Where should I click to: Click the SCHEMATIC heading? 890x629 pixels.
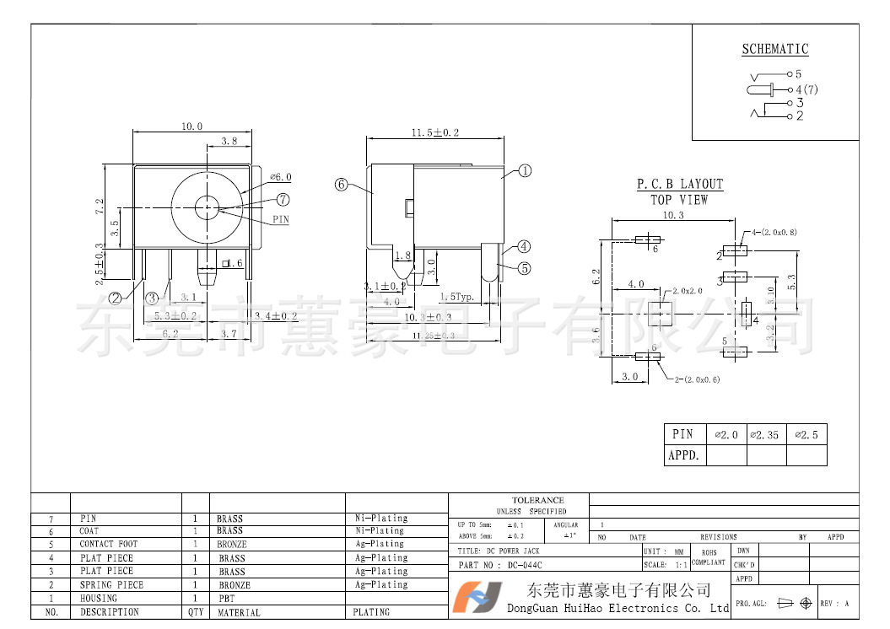(774, 50)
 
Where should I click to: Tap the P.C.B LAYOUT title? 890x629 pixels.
(679, 185)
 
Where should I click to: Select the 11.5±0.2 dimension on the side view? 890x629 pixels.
(434, 133)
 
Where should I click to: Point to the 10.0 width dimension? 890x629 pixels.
(191, 126)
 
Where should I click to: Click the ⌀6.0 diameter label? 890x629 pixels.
(280, 177)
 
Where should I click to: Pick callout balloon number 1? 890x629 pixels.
(525, 170)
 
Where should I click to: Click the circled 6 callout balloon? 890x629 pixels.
(342, 184)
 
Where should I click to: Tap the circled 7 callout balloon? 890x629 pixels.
(283, 200)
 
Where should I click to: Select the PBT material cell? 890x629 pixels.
(225, 598)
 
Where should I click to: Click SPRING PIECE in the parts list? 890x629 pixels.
(111, 584)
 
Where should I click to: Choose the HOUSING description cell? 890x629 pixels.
(99, 598)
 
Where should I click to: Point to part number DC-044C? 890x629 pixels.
(525, 565)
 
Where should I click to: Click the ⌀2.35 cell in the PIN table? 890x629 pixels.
(766, 435)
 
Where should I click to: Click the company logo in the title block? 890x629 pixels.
(477, 598)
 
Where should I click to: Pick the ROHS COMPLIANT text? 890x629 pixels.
(709, 557)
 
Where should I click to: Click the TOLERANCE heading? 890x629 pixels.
(537, 500)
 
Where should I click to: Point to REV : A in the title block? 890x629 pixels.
(834, 604)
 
